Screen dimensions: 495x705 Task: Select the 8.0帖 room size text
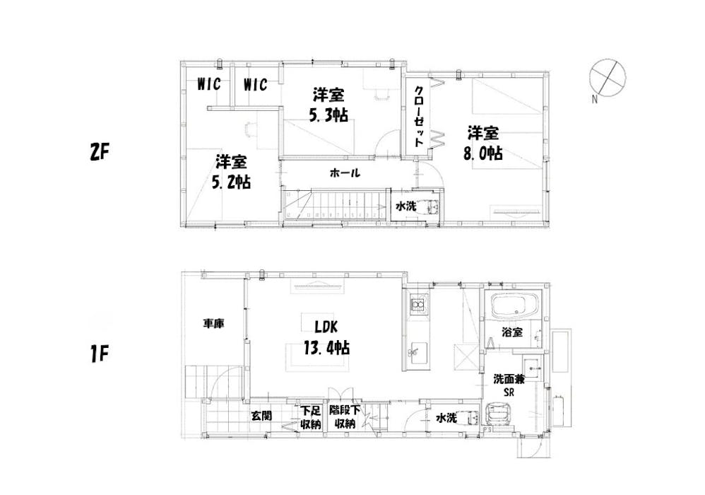coord(483,153)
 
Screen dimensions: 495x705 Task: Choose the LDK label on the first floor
coord(328,327)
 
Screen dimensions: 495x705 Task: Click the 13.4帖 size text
coord(328,348)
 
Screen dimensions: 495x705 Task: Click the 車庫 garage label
coord(213,323)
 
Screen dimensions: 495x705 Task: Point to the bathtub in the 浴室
coord(514,306)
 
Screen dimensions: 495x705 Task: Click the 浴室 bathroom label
coord(512,332)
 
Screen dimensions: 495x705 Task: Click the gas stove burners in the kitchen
coord(418,305)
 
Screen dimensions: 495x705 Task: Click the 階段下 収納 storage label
coord(345,417)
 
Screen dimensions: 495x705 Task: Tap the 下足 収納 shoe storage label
coord(310,417)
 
